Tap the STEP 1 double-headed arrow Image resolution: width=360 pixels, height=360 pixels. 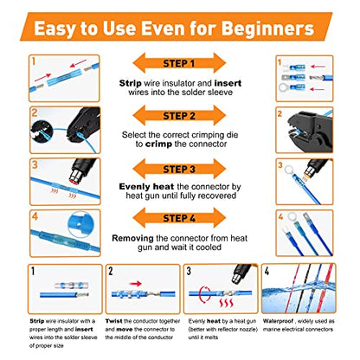(x=179, y=63)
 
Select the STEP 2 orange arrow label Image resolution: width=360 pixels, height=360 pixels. (x=179, y=115)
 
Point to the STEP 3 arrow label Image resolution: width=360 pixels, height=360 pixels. (x=179, y=169)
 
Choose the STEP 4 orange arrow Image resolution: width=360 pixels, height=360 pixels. (x=179, y=218)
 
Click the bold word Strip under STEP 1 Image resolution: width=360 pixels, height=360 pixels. (x=130, y=83)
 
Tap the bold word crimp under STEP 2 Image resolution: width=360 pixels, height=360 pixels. (x=158, y=144)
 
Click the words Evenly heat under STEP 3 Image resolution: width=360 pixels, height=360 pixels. (x=146, y=187)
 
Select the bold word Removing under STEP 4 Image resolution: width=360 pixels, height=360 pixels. (x=132, y=239)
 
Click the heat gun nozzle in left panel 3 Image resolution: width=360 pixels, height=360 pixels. (x=75, y=176)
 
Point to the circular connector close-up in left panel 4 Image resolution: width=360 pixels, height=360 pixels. (x=80, y=224)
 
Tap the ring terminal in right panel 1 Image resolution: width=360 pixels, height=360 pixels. (x=284, y=87)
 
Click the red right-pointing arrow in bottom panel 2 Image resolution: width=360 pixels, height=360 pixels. (x=136, y=284)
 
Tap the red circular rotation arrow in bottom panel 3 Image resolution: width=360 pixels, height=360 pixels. (x=205, y=294)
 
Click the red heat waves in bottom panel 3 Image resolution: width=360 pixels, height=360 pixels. (x=226, y=303)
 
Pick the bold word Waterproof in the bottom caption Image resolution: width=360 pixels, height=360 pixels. (x=278, y=321)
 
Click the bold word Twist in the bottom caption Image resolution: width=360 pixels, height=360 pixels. (x=114, y=321)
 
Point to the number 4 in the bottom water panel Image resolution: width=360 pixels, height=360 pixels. (x=267, y=272)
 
